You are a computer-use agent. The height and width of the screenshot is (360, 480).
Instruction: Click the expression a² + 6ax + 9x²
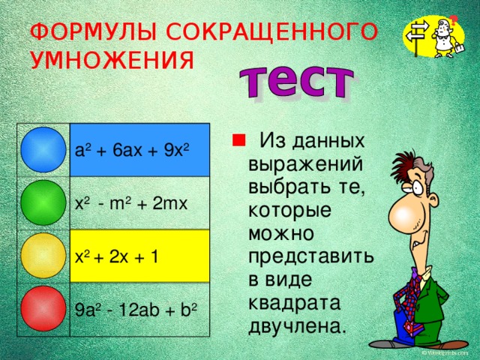[132, 150]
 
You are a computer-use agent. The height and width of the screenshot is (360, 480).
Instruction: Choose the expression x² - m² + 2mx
[131, 204]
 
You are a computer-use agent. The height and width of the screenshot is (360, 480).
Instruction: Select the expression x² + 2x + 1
[116, 256]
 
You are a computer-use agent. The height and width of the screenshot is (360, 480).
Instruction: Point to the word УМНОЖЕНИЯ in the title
[112, 59]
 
